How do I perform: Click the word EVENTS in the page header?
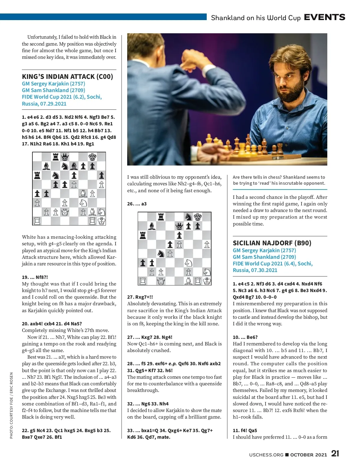(324, 17)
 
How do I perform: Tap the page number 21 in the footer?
(335, 454)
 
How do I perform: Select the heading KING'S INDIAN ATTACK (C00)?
(67, 76)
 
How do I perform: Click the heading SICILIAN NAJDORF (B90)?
(272, 243)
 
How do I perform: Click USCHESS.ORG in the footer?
(266, 455)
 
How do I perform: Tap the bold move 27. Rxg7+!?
(140, 297)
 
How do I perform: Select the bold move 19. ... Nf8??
(35, 277)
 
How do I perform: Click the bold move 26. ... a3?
(137, 204)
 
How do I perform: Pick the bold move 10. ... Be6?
(245, 337)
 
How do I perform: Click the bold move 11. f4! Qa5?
(245, 430)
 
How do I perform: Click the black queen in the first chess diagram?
(65, 157)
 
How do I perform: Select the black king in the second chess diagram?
(198, 217)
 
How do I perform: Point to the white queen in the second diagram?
(161, 281)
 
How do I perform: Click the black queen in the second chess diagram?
(179, 226)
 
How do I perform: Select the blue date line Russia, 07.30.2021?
(255, 270)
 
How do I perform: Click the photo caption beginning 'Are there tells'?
(279, 180)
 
